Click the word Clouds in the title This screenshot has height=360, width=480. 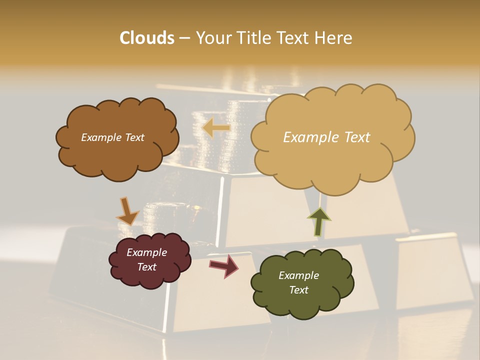[x=146, y=38]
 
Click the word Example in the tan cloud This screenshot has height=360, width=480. [x=309, y=137]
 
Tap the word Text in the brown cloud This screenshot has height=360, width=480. [x=134, y=137]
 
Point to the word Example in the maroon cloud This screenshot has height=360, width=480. [x=146, y=253]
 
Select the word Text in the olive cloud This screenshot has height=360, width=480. [x=298, y=290]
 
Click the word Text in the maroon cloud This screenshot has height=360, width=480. [x=146, y=267]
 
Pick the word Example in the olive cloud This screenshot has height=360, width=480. [x=298, y=275]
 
